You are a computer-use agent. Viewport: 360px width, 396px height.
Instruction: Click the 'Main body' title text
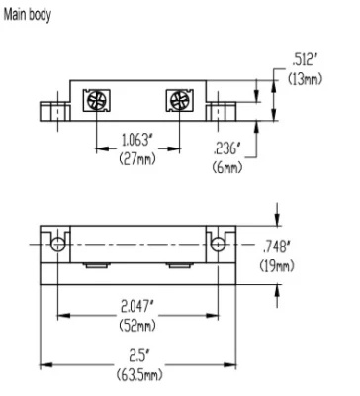click(28, 15)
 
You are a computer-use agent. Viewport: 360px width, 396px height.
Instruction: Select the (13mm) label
click(305, 79)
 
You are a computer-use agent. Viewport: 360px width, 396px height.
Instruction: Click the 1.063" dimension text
click(137, 140)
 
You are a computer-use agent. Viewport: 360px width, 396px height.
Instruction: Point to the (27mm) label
click(137, 159)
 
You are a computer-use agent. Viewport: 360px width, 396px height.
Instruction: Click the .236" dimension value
click(227, 148)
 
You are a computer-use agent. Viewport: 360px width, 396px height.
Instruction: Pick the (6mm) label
click(227, 167)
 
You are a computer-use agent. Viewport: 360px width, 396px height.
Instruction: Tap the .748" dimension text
click(277, 247)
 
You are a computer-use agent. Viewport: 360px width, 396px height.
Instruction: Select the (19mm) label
click(277, 265)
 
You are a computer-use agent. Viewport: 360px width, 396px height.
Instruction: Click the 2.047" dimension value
click(137, 307)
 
